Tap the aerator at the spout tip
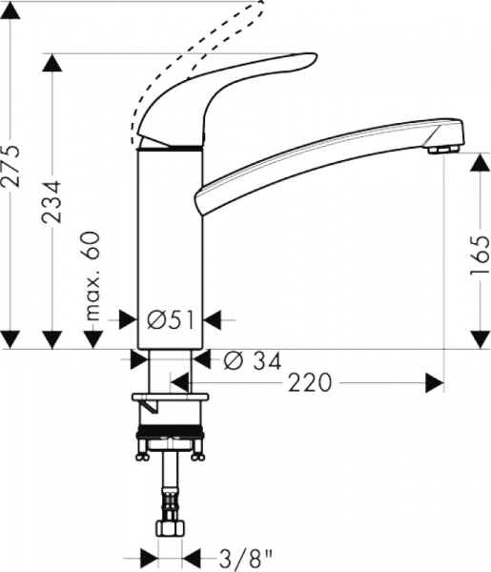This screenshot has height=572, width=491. point(440,149)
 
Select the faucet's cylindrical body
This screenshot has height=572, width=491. point(170,238)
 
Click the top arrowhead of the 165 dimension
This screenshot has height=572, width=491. point(481,162)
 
